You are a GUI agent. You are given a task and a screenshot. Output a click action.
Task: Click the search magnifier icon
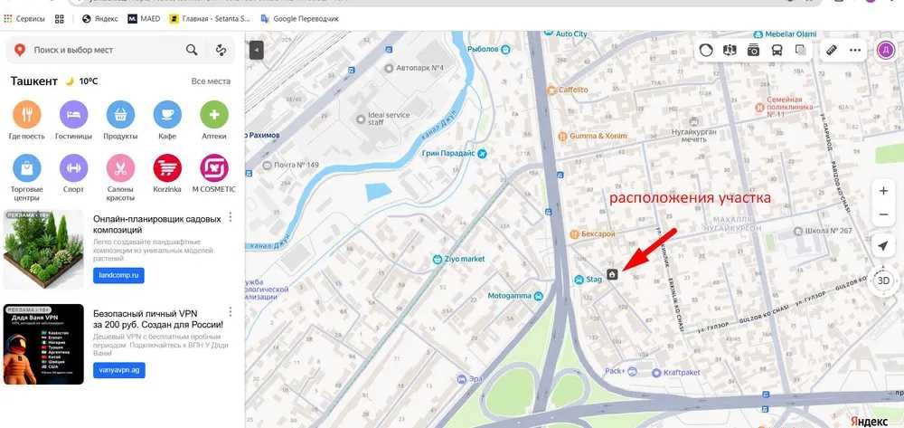click(192, 50)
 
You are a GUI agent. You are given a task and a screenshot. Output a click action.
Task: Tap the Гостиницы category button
click(74, 115)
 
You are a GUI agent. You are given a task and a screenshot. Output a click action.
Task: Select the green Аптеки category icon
click(214, 115)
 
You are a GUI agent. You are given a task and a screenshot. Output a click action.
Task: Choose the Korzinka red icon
click(167, 168)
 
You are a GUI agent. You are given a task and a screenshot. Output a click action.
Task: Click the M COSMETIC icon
click(214, 168)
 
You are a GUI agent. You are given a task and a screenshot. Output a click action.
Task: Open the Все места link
click(211, 81)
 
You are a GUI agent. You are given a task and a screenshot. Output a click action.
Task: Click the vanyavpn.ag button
click(118, 370)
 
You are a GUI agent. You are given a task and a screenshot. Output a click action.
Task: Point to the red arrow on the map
click(644, 255)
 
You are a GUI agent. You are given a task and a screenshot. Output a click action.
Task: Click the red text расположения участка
click(689, 196)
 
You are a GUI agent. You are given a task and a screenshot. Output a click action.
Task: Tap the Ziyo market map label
click(465, 259)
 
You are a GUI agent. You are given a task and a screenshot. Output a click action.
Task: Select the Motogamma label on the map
click(509, 296)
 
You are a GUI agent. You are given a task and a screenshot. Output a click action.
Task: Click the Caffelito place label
click(573, 90)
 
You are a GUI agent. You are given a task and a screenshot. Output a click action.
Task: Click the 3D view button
click(883, 281)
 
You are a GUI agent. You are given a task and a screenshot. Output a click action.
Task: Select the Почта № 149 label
click(297, 165)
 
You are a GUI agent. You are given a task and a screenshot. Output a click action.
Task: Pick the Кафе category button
click(167, 115)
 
